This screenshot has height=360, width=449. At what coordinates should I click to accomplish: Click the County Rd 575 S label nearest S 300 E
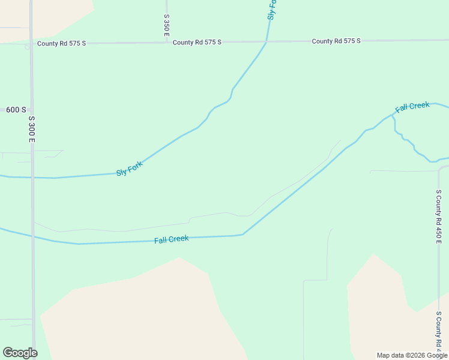coord(61,43)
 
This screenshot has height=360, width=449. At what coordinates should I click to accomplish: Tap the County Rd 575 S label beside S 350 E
coord(197,42)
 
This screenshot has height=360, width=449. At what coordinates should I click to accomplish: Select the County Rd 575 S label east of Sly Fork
coord(336,41)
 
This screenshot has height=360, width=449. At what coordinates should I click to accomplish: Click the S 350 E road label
coord(166,26)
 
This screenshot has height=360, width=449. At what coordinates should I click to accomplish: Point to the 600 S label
coord(16,110)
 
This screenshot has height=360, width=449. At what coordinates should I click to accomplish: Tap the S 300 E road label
coord(32,129)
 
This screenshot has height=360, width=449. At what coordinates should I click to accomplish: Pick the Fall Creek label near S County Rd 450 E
coord(412,107)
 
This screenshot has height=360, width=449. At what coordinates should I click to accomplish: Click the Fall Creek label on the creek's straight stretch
coord(171,239)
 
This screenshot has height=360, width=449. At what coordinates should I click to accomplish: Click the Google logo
coord(20,353)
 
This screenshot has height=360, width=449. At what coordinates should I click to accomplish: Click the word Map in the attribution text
coord(384,355)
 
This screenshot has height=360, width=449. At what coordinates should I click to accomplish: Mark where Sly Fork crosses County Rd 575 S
coord(267,41)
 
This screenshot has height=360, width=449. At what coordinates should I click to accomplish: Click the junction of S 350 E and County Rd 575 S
coord(166,43)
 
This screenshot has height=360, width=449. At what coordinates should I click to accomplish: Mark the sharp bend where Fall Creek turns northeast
coord(243,234)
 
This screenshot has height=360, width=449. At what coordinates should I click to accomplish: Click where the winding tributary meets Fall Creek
coord(393,116)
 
